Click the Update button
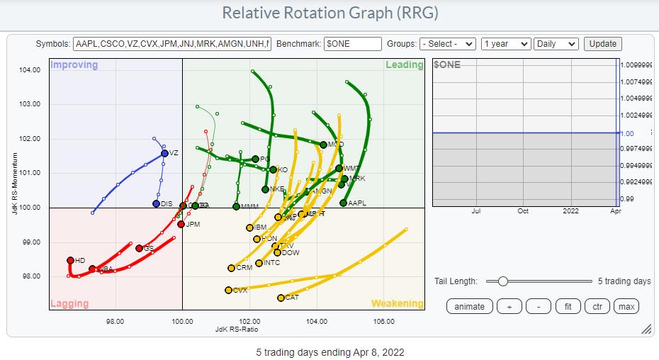(x=603, y=43)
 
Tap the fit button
(x=568, y=306)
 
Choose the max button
(x=626, y=306)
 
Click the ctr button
(x=597, y=306)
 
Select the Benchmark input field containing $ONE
(x=352, y=43)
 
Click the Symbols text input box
(x=171, y=43)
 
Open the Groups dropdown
(x=447, y=43)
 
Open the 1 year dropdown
(x=505, y=43)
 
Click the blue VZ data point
(x=164, y=152)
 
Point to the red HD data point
(x=70, y=260)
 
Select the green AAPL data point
(x=343, y=203)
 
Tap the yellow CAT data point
(x=281, y=298)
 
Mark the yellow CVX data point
(x=228, y=290)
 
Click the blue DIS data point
(x=156, y=203)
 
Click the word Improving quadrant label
(x=74, y=65)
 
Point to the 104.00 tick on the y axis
(x=28, y=69)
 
